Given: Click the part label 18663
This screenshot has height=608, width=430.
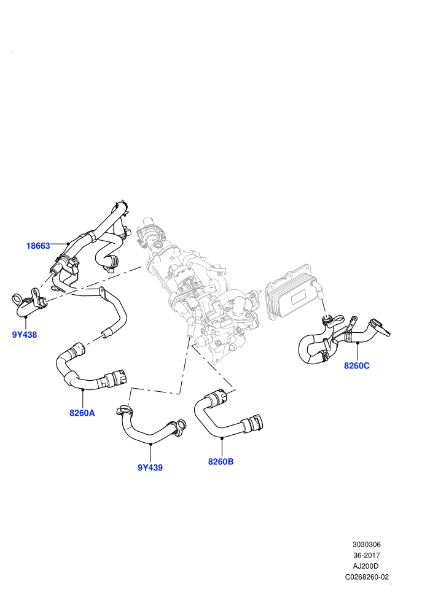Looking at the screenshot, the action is [38, 246].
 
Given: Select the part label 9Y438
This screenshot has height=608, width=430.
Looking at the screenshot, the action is [25, 335].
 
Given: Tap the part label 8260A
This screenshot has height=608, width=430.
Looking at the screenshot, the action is [82, 413].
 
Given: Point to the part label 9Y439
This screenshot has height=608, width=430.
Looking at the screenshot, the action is [150, 467].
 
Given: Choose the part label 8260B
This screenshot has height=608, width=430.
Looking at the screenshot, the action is [221, 462].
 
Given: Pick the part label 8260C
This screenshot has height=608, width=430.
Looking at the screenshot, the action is [357, 365].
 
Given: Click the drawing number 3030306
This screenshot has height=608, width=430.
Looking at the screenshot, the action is [366, 544].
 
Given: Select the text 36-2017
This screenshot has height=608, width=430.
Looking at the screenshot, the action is [366, 555].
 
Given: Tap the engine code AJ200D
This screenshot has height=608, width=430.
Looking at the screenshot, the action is [366, 566].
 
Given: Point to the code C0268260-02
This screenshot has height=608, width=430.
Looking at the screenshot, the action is [367, 577].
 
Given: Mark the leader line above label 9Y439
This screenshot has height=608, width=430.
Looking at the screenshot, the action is [151, 453].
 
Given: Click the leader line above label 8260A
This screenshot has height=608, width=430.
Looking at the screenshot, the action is [82, 399].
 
